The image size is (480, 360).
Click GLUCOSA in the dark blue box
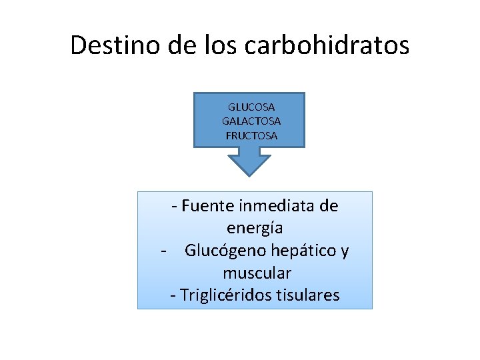pos(251,107)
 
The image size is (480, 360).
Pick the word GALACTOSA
pos(251,121)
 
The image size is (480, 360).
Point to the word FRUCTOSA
pos(251,136)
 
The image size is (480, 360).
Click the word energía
pos(255,228)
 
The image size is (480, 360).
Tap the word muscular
pos(257,273)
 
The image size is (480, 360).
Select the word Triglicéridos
pos(224,295)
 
